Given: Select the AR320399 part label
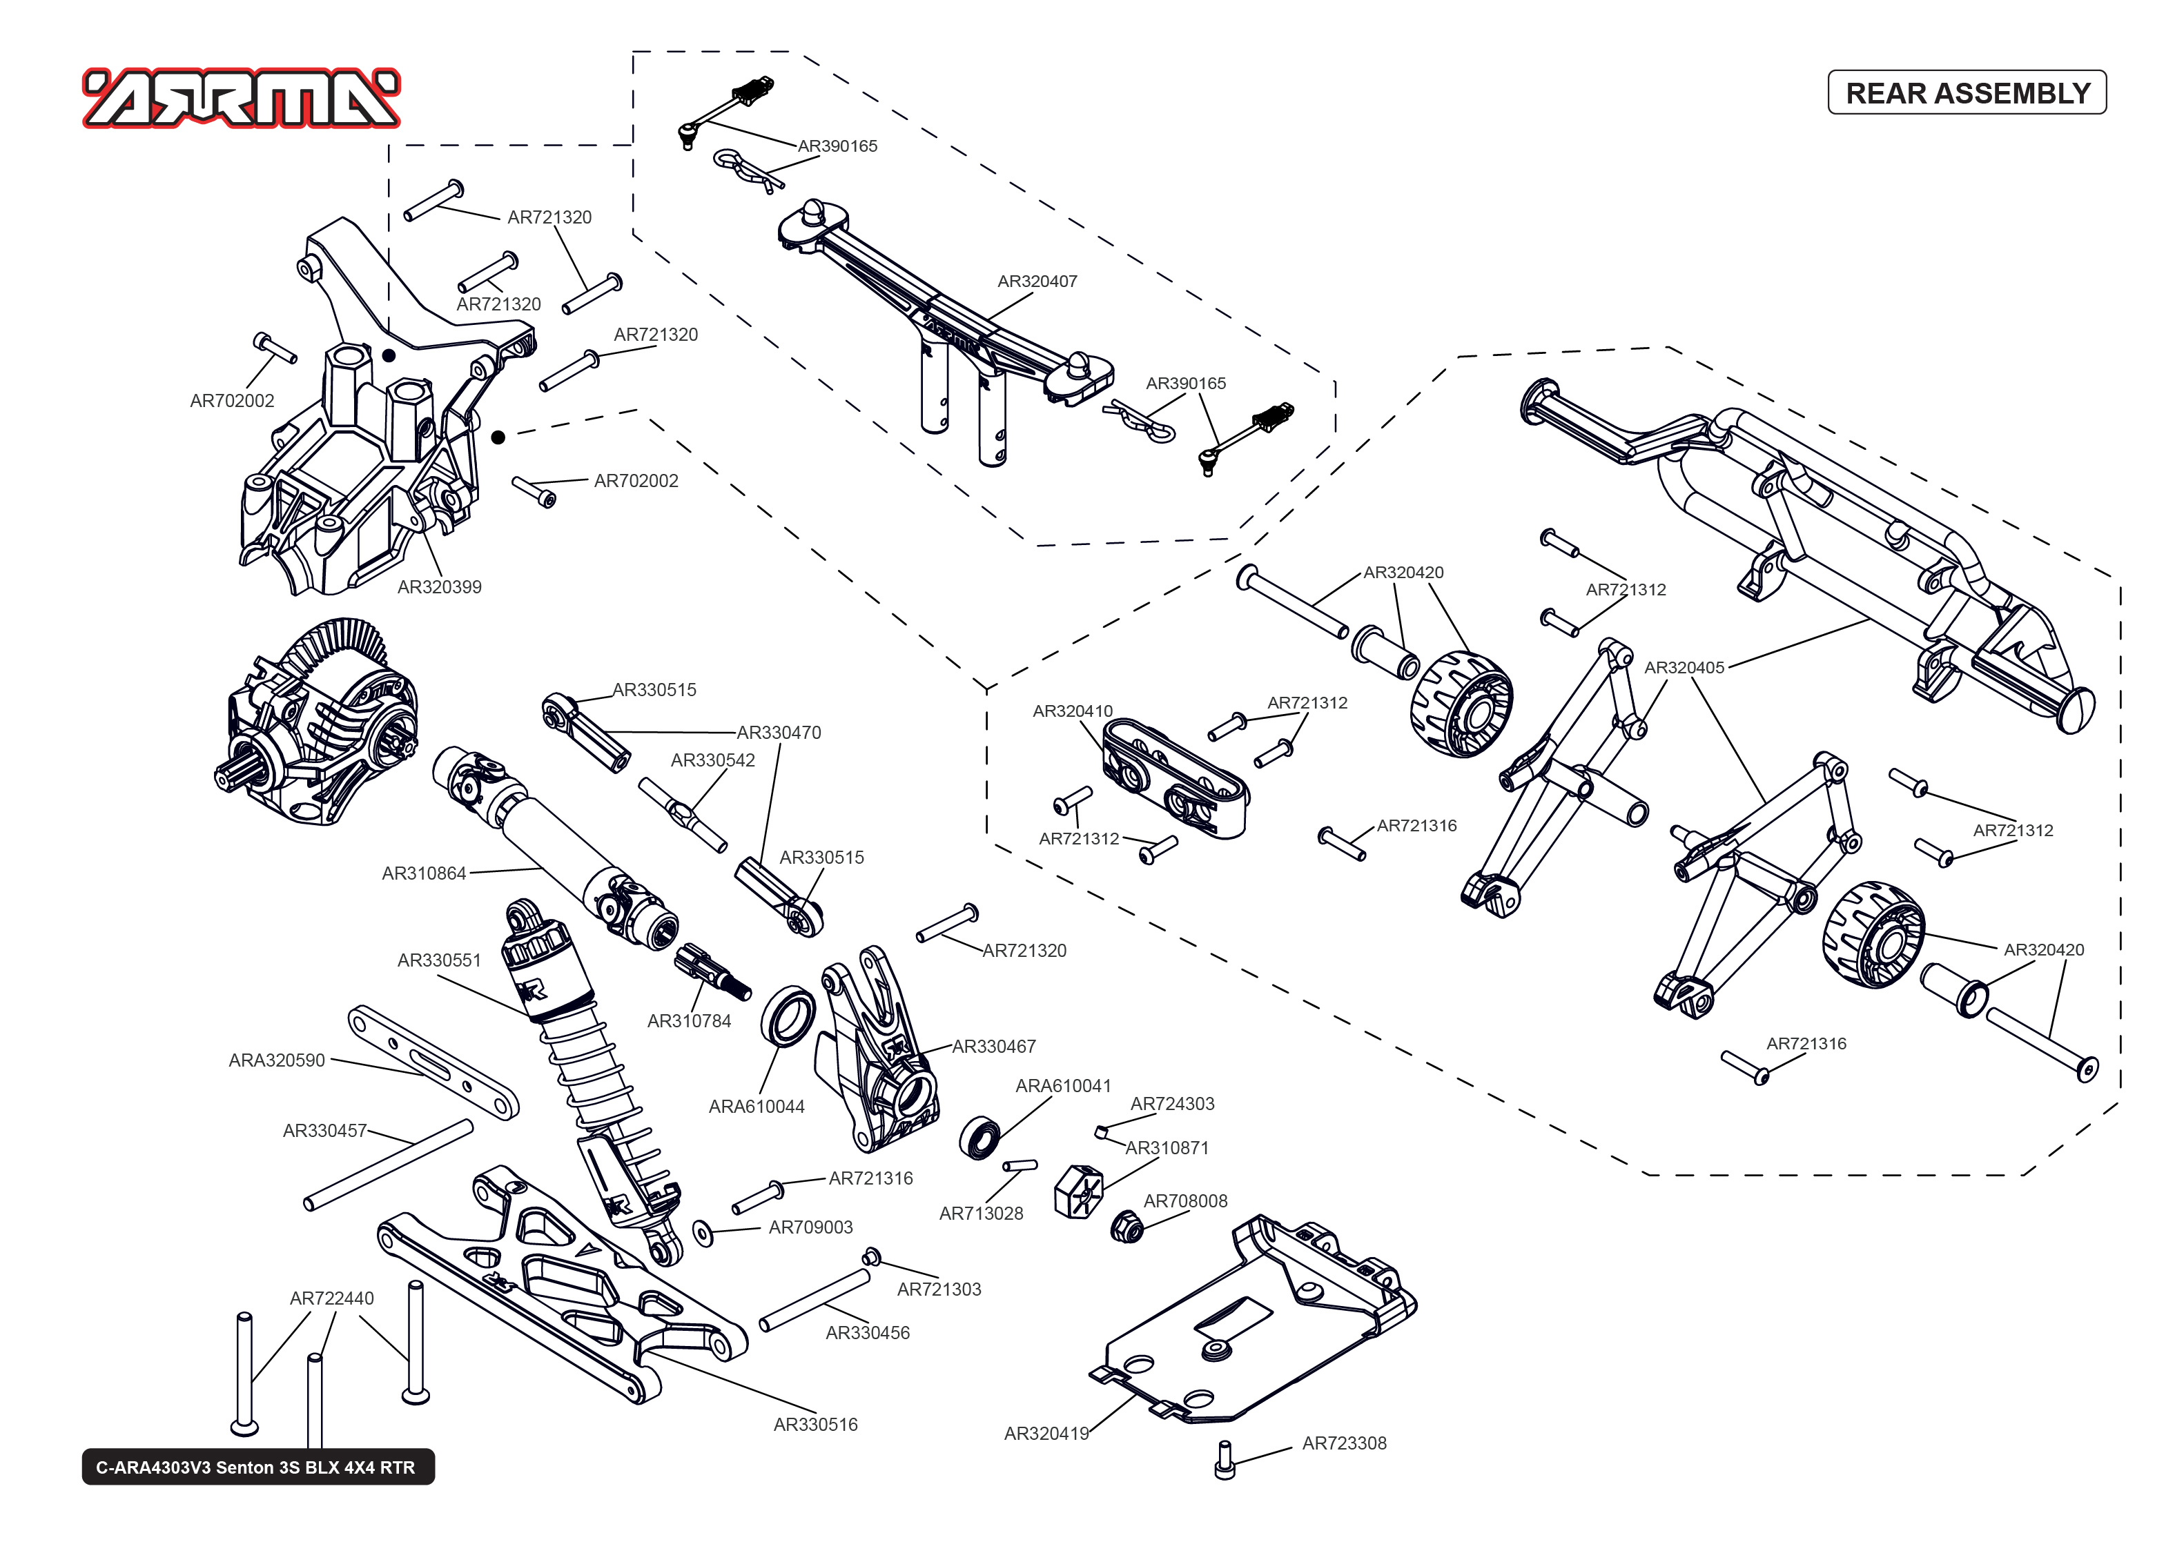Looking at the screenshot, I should (x=439, y=587).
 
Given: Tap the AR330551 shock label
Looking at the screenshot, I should (x=439, y=960).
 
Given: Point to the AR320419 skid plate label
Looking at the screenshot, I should (x=1046, y=1434).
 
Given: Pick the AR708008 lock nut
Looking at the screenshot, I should (x=1129, y=1226).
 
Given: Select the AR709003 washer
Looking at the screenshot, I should (x=703, y=1234).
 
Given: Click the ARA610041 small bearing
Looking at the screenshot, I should (x=979, y=1137).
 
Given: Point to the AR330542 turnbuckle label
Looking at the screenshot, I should (x=712, y=760).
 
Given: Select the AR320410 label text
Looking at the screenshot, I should (x=1072, y=711).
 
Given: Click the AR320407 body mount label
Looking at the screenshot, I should (x=1037, y=281).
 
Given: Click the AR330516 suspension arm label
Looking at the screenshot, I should (x=815, y=1425).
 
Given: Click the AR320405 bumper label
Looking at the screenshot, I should (x=1684, y=667).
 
